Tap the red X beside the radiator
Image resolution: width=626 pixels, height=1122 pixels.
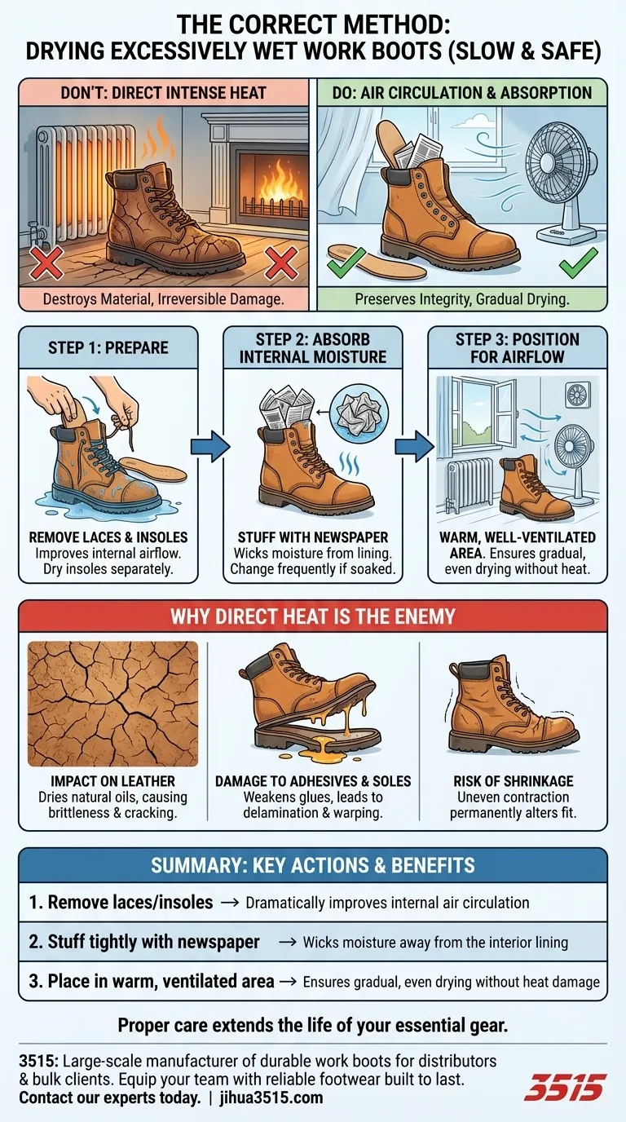click(x=46, y=262)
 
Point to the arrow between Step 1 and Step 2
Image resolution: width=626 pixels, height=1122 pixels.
click(x=210, y=446)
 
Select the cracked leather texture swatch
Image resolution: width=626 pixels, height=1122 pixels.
click(x=113, y=704)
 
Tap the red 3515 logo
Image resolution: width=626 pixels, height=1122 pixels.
click(x=564, y=1086)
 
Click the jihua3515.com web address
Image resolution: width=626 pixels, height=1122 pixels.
click(x=272, y=1098)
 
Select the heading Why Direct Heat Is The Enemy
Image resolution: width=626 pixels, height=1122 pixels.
click(x=313, y=616)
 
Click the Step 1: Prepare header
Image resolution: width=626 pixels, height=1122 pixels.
click(x=108, y=347)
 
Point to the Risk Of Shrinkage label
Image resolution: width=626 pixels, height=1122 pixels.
click(x=514, y=781)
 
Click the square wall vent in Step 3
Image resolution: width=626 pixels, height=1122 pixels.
click(x=577, y=395)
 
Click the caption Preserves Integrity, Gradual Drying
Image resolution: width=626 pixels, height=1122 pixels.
click(x=462, y=299)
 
